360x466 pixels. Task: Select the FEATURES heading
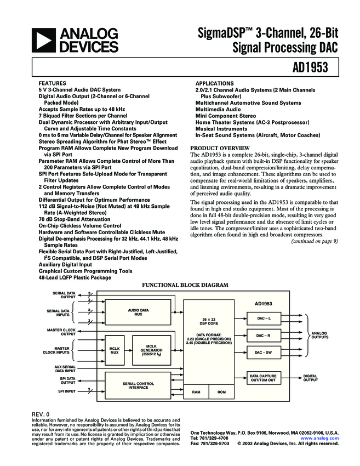[x=52, y=83]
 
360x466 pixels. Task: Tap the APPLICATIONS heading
[x=214, y=83]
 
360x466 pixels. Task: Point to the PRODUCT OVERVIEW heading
[x=219, y=148]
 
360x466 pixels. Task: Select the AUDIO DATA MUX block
[x=138, y=312]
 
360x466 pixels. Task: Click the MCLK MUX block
[x=115, y=350]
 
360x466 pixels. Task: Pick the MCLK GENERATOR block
[x=151, y=350]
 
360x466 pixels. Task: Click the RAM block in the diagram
[x=196, y=393]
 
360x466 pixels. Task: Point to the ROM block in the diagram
[x=221, y=393]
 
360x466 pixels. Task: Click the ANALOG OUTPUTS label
[x=320, y=335]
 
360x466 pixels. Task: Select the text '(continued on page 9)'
[x=314, y=241]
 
